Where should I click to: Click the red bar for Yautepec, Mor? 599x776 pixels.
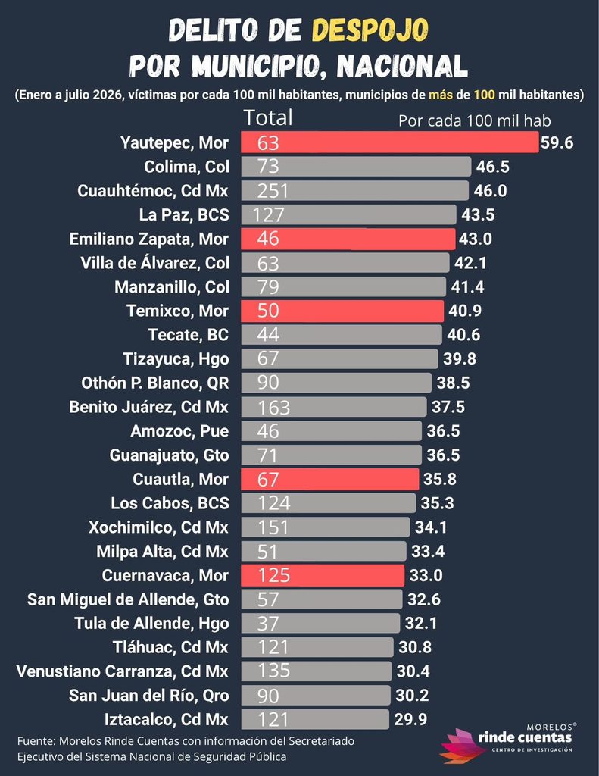click(x=390, y=142)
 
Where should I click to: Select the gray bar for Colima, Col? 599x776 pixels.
click(x=356, y=166)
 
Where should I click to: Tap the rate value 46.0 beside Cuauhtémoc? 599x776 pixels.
click(x=490, y=190)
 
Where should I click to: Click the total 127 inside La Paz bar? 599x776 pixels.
click(x=269, y=214)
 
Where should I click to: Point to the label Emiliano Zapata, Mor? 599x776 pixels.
click(x=149, y=239)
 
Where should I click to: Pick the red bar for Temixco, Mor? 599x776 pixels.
click(x=342, y=311)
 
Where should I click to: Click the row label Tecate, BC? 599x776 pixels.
click(x=189, y=335)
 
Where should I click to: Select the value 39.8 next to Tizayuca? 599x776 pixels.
click(x=460, y=358)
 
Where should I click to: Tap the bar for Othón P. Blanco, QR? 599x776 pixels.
click(x=336, y=383)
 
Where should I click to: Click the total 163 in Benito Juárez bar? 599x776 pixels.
click(x=273, y=407)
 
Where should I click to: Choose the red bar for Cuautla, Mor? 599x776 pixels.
click(x=330, y=479)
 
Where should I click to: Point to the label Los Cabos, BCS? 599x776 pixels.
click(x=170, y=503)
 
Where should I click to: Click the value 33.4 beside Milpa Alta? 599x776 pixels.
click(x=428, y=551)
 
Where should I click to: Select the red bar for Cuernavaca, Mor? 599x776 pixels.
click(x=323, y=575)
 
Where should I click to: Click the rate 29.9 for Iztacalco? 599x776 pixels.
click(x=410, y=719)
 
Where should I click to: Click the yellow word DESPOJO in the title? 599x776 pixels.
click(x=370, y=30)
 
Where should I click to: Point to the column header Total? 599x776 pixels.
click(x=267, y=117)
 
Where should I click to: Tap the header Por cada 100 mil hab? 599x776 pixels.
click(x=474, y=120)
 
